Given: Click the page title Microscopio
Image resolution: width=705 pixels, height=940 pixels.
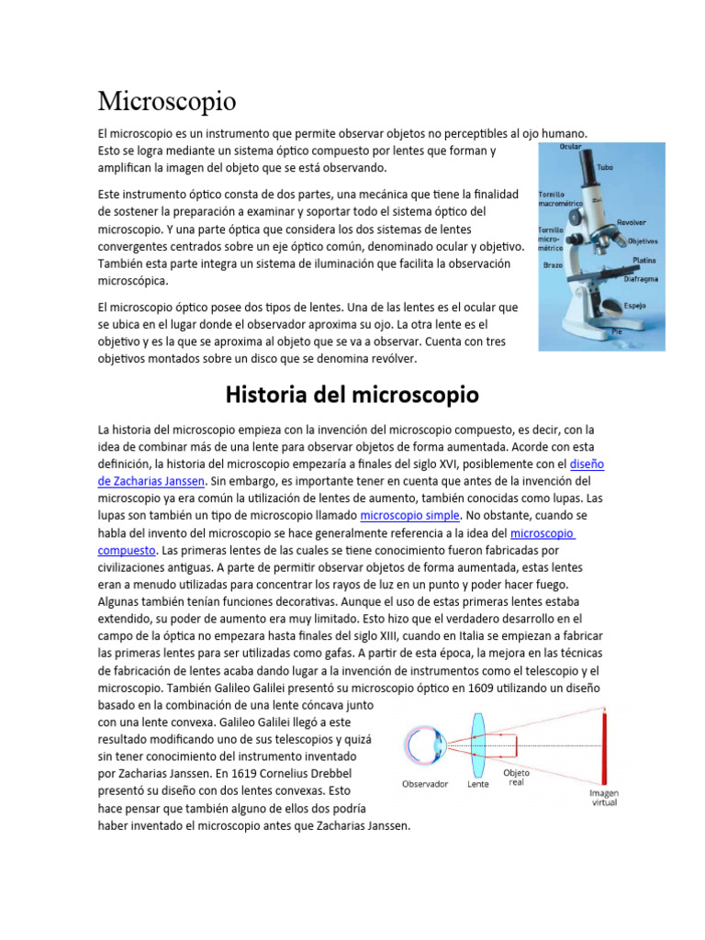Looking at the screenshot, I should point(167,100).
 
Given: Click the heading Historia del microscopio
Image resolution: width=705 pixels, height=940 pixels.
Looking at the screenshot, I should point(352,396).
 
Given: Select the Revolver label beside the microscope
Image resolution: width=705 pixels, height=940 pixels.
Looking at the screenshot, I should point(631,222).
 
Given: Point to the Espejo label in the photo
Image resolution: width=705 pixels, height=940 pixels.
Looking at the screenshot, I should point(636,305).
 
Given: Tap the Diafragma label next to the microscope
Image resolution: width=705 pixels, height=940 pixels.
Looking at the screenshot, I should point(642,276).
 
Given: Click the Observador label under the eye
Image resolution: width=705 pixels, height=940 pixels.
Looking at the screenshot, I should point(425,784).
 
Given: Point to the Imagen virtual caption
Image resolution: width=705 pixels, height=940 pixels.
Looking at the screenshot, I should point(603,798).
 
